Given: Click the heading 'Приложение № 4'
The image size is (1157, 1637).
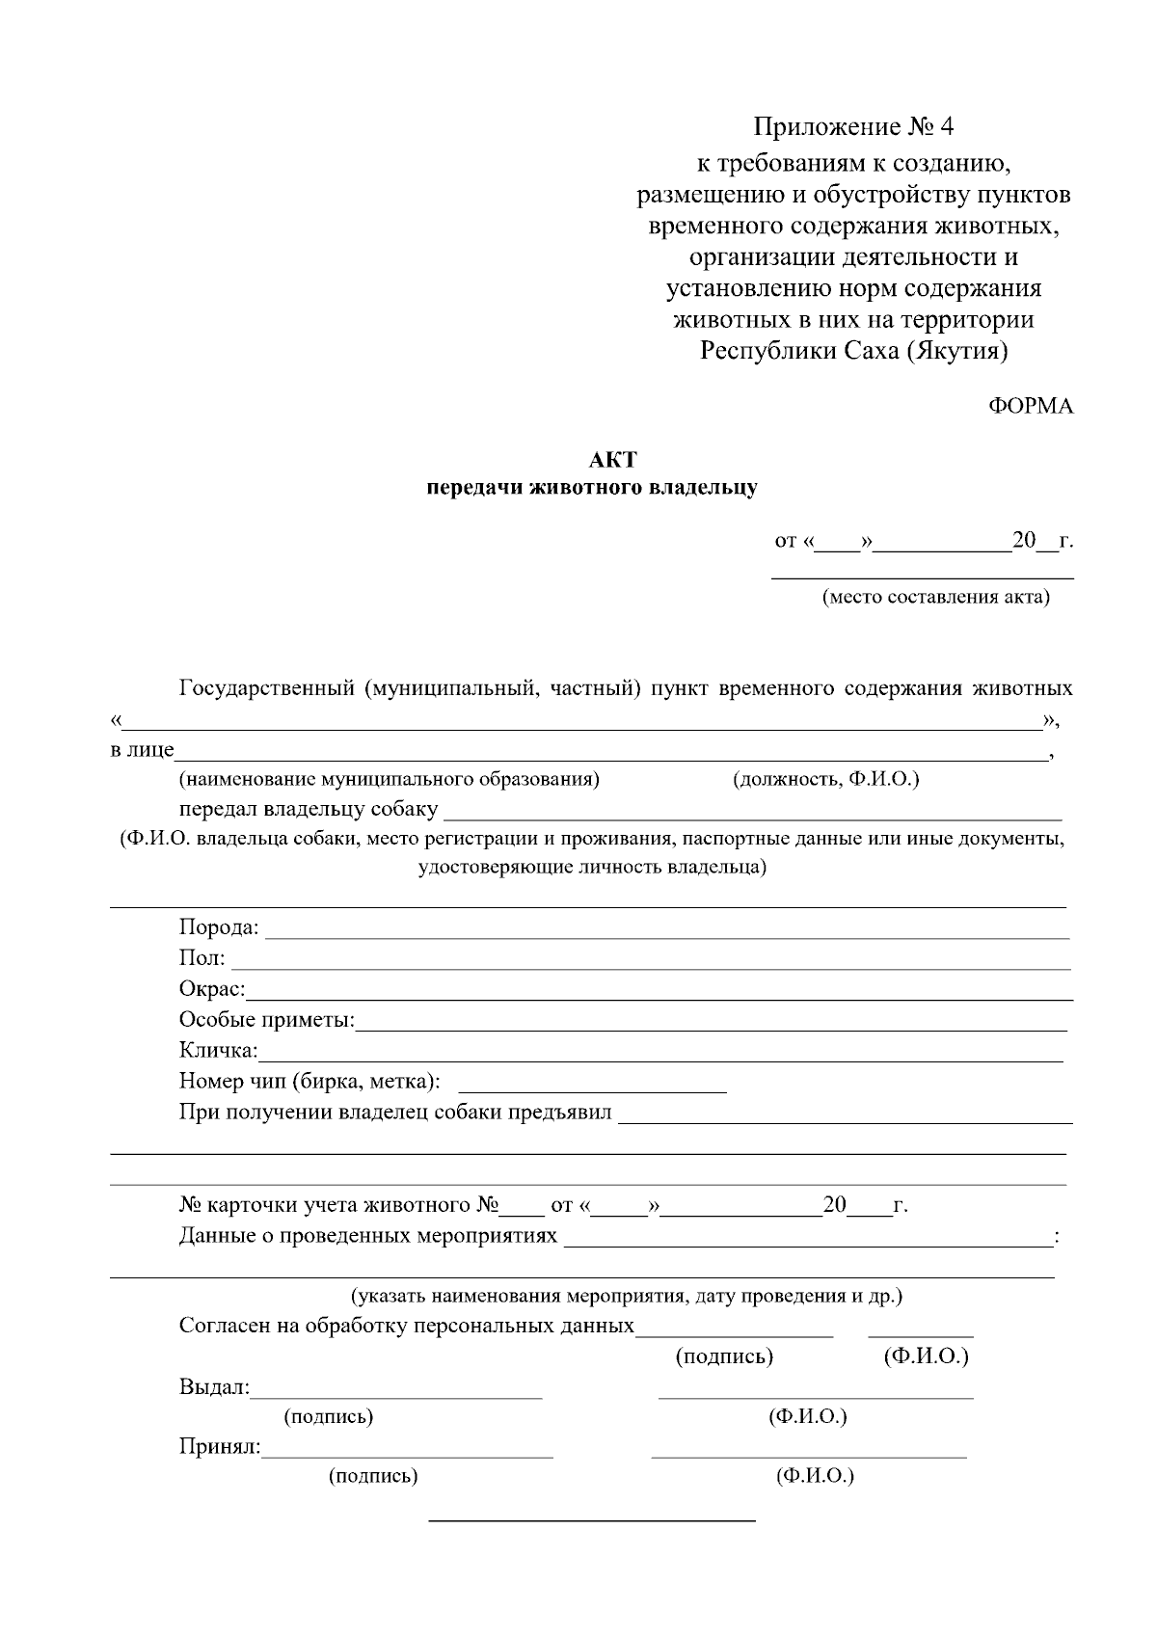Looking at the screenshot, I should point(853,127).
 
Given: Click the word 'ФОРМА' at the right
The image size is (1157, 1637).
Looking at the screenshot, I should point(1031,406).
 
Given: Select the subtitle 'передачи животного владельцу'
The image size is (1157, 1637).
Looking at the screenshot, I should point(592,488).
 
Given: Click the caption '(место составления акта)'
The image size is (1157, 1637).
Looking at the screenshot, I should point(935,597).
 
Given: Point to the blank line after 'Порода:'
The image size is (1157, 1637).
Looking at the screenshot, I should point(665,935).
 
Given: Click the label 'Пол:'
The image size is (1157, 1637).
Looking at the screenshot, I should point(202,958).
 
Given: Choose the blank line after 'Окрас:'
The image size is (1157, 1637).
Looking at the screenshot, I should point(659,997).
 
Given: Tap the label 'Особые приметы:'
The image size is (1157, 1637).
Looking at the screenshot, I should point(267,1020).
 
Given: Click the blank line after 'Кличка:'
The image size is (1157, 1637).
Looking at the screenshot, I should point(659,1059).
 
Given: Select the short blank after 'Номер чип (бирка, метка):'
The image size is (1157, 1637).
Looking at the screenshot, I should point(591,1089).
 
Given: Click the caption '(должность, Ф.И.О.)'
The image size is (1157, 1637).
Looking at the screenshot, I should point(826,779).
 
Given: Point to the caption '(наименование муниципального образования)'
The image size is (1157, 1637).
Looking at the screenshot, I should point(389,779).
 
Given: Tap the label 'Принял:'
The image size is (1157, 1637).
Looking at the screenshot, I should point(220,1447).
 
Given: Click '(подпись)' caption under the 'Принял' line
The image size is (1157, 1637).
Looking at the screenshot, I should point(373,1476).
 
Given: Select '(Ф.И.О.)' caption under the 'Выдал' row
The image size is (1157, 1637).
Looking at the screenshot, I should point(807,1416).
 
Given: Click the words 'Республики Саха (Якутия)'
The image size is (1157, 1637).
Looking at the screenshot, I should point(853,350).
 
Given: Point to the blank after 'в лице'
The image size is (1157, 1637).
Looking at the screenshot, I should point(611,758).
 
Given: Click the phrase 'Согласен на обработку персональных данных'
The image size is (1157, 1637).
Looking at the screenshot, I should point(406,1326).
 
